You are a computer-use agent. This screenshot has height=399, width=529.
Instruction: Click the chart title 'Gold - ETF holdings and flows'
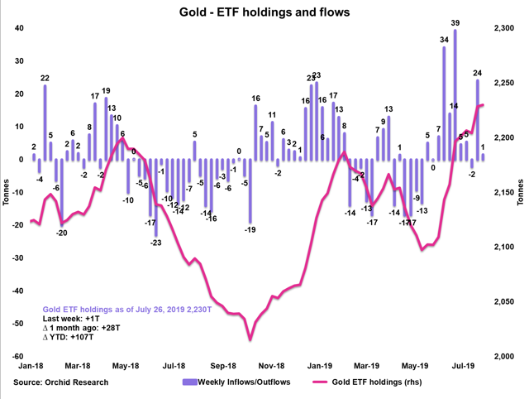pyautogui.click(x=264, y=12)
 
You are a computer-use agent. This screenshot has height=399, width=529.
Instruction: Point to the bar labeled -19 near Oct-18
pyautogui.click(x=250, y=190)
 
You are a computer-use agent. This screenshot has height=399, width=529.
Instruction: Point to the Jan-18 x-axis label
pyautogui.click(x=31, y=365)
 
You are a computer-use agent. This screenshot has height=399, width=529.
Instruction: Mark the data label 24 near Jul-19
pyautogui.click(x=477, y=73)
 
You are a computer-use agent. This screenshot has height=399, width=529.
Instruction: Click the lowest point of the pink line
pyautogui.click(x=250, y=339)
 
